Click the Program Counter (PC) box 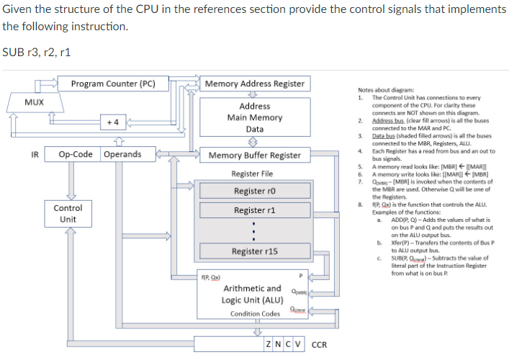click(x=113, y=84)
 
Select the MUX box click(x=34, y=103)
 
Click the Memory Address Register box click(x=254, y=84)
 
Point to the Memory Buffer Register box click(x=254, y=155)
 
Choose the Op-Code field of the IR click(x=73, y=154)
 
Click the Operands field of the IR click(x=122, y=154)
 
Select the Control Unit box click(x=68, y=213)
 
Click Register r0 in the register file click(x=254, y=191)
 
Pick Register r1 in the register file click(x=254, y=210)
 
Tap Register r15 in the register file click(x=254, y=251)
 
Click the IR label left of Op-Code click(x=33, y=154)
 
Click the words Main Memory click(x=254, y=117)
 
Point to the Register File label click(x=252, y=174)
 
